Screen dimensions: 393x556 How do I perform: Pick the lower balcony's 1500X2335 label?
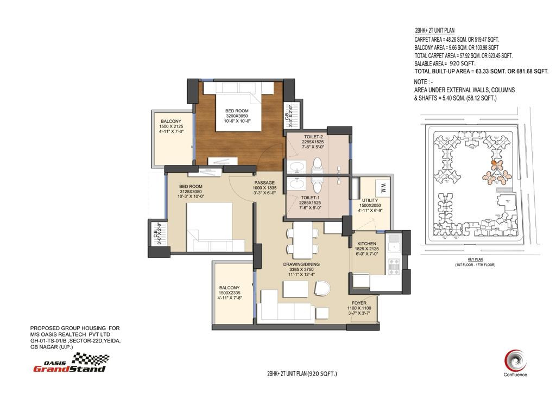pos(229,292)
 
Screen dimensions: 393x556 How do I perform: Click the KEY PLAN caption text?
pos(475,259)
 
